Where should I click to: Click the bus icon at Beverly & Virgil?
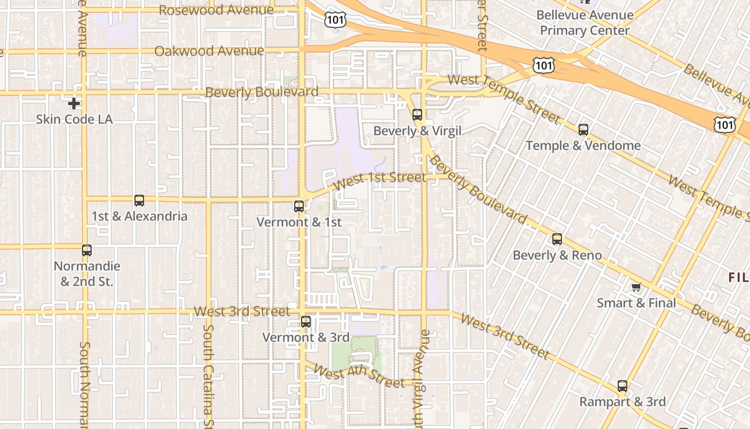click(x=417, y=114)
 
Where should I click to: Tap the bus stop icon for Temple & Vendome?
click(x=583, y=129)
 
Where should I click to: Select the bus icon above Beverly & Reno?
click(x=557, y=239)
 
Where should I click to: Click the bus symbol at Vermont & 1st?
click(x=299, y=206)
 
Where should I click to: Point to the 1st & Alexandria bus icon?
click(x=139, y=201)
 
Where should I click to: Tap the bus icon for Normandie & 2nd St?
click(x=87, y=250)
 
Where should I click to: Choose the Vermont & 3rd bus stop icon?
click(x=306, y=322)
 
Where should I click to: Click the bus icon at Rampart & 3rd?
click(x=622, y=386)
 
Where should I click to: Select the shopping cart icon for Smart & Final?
click(x=636, y=287)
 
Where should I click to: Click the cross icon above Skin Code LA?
click(x=74, y=103)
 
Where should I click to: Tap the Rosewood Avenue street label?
click(x=216, y=10)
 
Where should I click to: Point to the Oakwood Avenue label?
click(x=209, y=51)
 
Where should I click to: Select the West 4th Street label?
click(x=358, y=376)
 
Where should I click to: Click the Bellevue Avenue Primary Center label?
click(x=584, y=23)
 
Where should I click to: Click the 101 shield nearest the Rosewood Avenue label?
click(x=335, y=20)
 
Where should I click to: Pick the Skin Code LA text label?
click(x=74, y=119)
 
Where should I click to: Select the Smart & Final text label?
click(x=636, y=303)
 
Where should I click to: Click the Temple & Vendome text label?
click(x=583, y=145)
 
